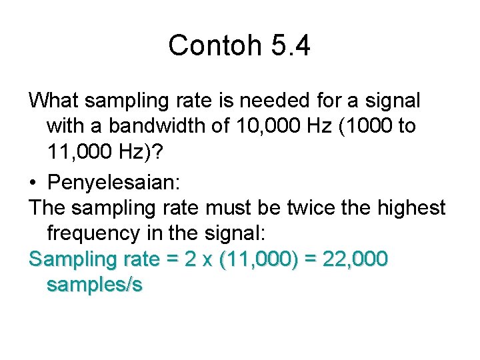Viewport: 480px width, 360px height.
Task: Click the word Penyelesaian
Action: click(x=111, y=181)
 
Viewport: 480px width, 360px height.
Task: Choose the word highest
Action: click(x=413, y=207)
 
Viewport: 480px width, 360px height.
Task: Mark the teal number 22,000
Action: click(x=353, y=259)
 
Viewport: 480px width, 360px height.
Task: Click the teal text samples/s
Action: click(x=95, y=285)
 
